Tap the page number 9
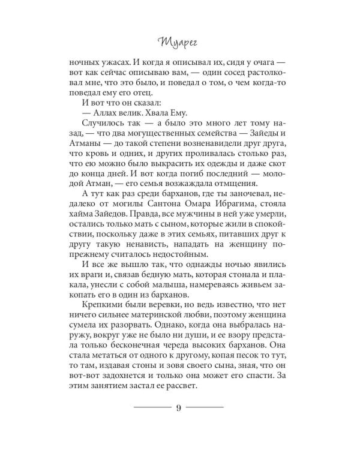point(179,408)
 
